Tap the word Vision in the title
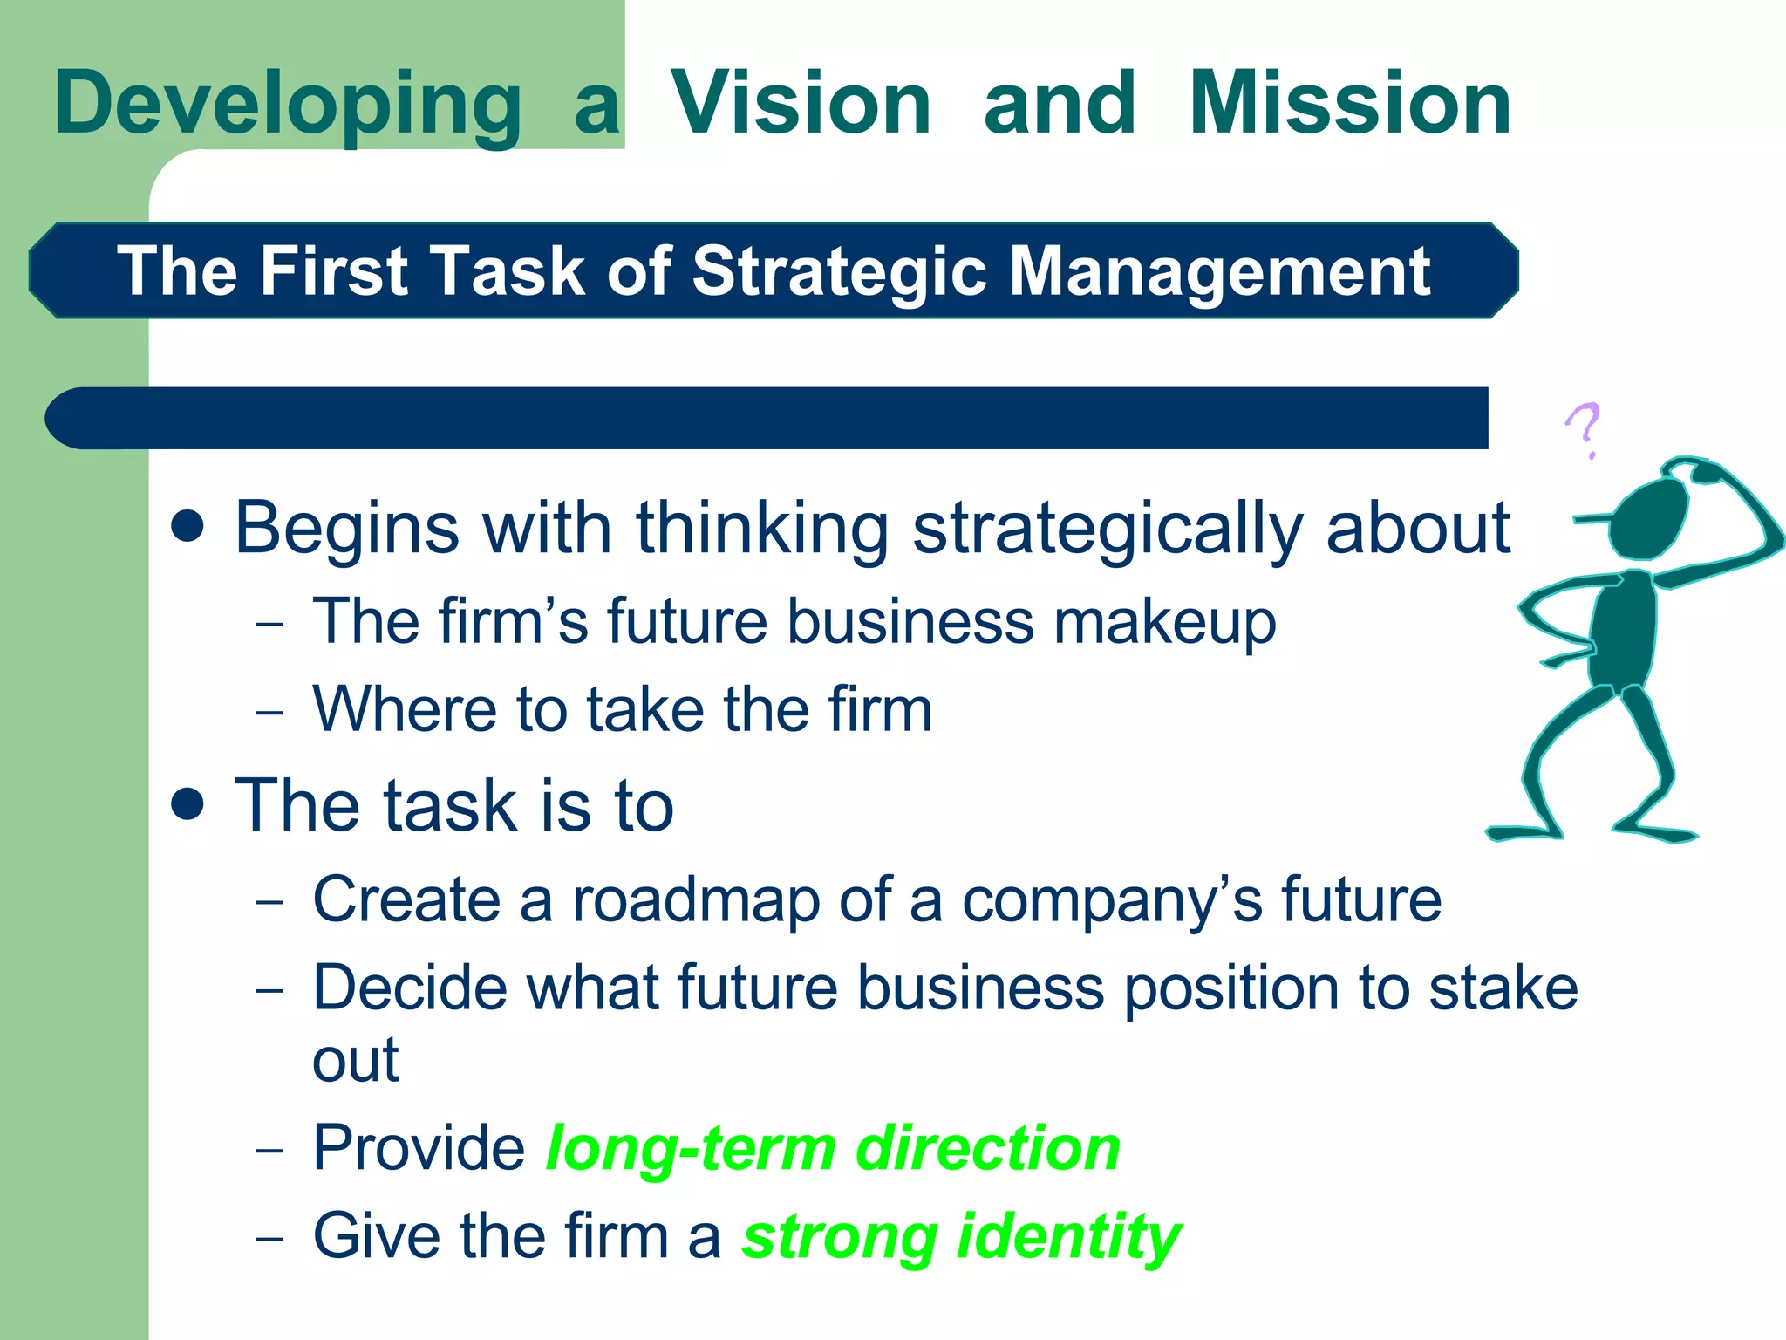pos(801,105)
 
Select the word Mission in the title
pos(1350,105)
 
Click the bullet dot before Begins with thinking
pos(187,527)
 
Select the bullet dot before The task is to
pos(187,804)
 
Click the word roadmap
pos(695,899)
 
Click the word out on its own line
pos(355,1062)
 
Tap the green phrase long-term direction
pos(833,1148)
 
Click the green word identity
pos(1069,1237)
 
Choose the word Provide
pos(419,1148)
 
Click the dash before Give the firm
pos(269,1239)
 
